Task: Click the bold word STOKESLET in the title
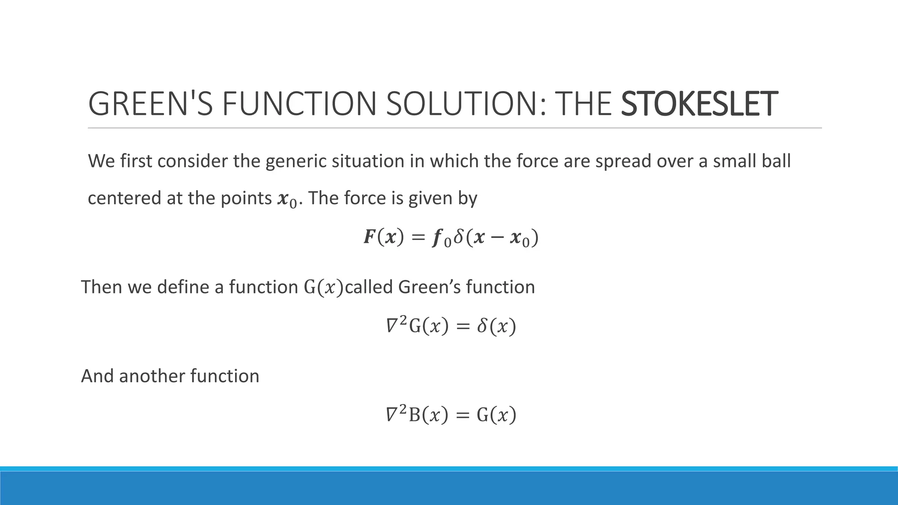[x=699, y=104]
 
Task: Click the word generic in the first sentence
[x=296, y=161]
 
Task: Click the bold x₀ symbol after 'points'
[x=287, y=200]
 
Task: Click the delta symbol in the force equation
[x=459, y=238]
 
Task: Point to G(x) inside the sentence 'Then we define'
[x=324, y=288]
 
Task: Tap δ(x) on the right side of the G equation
[x=496, y=327]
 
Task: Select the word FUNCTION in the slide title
[x=298, y=104]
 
